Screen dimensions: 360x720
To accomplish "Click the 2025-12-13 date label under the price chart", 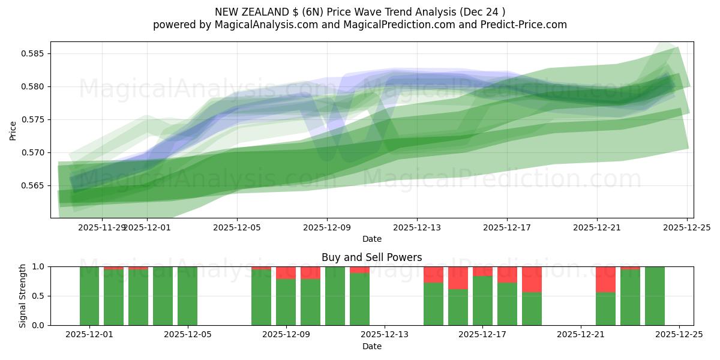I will tap(417, 227).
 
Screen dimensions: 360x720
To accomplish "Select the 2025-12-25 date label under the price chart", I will tap(687, 227).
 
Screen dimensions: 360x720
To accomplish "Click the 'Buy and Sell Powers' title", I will tap(371, 257).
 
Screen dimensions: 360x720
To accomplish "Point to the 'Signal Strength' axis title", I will tap(23, 296).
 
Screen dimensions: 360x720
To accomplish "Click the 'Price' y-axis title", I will tap(13, 130).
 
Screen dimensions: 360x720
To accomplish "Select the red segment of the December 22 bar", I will tap(605, 279).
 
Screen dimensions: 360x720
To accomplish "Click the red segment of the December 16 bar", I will tap(458, 278).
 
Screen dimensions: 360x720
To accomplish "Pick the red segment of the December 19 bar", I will tap(532, 279).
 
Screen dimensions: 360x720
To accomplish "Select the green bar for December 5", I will tap(187, 296).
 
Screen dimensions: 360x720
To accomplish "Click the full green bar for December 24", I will tap(655, 296).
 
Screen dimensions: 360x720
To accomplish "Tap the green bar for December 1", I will tap(89, 296).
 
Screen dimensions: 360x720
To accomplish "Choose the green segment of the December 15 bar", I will tap(433, 304).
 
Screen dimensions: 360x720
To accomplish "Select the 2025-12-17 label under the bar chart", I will tap(482, 334).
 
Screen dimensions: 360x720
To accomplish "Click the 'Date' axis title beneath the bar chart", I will tap(371, 346).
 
